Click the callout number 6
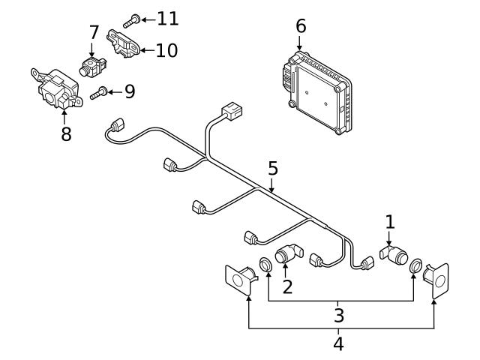tap(301, 26)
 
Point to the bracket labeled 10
tap(123, 42)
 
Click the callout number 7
tap(94, 32)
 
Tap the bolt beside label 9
tap(98, 93)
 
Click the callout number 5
tap(273, 168)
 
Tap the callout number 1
tap(389, 221)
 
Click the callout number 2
tap(287, 286)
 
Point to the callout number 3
tap(339, 314)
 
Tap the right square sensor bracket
tap(436, 280)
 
